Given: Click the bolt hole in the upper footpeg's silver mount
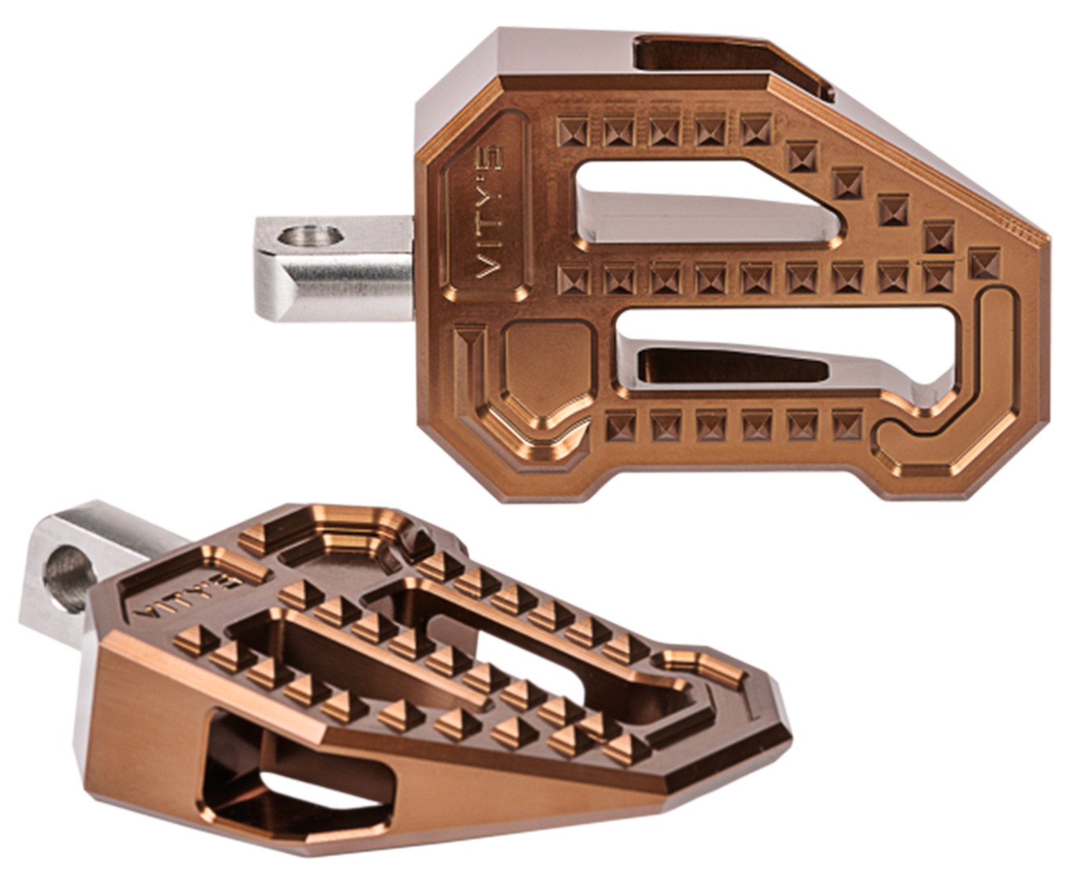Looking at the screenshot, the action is click(x=310, y=236).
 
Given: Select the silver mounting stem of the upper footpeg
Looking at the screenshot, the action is click(x=335, y=268).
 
